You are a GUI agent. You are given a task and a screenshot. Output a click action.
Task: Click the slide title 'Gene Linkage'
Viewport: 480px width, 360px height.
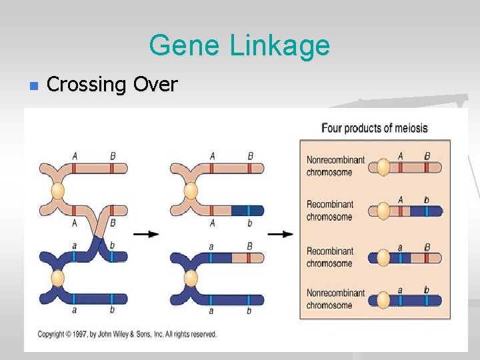tap(239, 45)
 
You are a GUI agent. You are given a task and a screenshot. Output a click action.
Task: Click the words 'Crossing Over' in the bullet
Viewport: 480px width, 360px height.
tap(112, 85)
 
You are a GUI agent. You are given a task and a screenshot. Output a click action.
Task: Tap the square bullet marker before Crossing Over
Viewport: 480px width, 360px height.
tap(33, 85)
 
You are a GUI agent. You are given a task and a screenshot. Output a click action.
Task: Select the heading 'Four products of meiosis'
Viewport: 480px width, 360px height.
tap(374, 127)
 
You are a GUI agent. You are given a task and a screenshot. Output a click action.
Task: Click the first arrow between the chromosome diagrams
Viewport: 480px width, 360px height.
tap(146, 234)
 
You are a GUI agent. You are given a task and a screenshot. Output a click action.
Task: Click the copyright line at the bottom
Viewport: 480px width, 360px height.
tap(127, 334)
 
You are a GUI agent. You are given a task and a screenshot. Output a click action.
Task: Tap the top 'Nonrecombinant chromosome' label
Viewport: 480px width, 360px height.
tap(335, 165)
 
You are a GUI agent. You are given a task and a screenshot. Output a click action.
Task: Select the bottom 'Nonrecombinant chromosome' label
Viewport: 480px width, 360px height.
tap(335, 299)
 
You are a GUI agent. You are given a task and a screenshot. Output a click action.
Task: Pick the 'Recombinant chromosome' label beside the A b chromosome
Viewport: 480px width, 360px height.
tap(330, 210)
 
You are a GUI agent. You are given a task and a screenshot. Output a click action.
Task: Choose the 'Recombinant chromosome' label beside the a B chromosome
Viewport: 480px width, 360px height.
tap(330, 257)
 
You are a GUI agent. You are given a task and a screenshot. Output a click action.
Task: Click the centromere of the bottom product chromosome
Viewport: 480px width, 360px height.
tap(383, 300)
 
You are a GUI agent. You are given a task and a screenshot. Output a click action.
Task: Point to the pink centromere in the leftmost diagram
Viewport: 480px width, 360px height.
tap(58, 192)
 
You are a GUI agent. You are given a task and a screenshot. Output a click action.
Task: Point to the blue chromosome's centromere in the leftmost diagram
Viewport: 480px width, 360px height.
tap(58, 277)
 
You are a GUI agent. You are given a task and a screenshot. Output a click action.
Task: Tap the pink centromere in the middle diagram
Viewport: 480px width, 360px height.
tap(191, 192)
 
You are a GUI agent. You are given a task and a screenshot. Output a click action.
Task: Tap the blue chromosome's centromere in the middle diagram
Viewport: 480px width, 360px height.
tap(191, 277)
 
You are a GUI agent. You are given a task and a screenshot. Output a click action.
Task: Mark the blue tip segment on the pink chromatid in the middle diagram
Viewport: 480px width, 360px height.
tap(247, 211)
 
